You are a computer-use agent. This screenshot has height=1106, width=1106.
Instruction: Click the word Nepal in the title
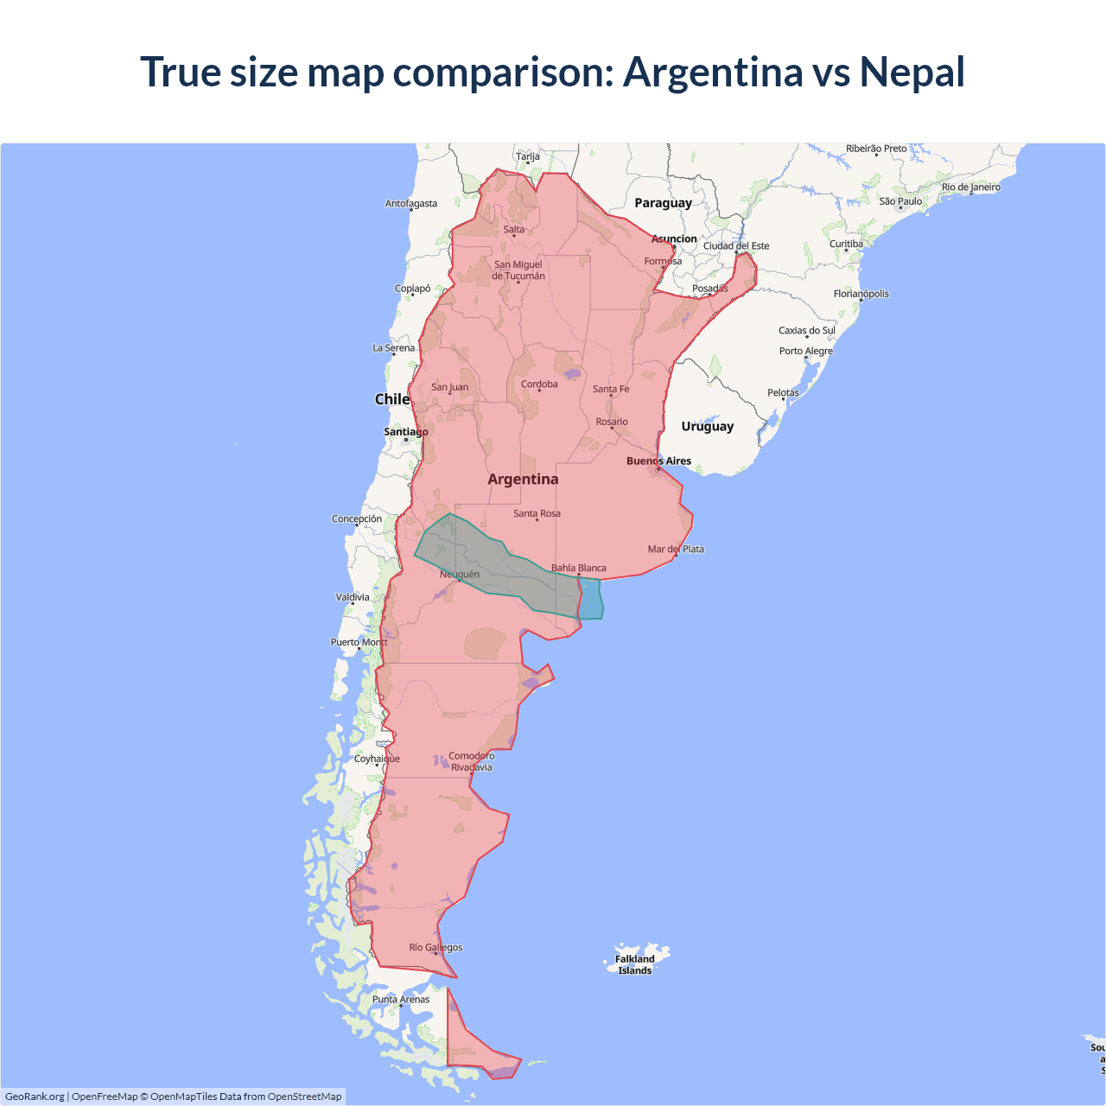click(912, 72)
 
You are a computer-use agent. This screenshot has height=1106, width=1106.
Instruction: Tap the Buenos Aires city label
click(658, 461)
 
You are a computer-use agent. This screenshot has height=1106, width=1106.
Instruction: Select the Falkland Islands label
click(635, 964)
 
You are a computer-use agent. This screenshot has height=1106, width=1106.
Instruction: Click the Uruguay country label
click(707, 426)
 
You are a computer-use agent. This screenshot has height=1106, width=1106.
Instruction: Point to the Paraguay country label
click(663, 203)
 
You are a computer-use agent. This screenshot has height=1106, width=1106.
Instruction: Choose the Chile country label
click(391, 399)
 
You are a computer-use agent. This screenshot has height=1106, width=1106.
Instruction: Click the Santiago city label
click(405, 432)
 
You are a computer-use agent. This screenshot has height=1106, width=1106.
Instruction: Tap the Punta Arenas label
click(401, 1000)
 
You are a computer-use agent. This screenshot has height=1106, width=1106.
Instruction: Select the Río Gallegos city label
click(435, 948)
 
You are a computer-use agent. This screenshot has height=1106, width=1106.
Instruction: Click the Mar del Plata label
click(676, 550)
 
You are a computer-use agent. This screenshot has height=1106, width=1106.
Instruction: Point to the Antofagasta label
click(411, 204)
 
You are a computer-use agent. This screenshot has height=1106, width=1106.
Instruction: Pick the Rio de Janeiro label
click(971, 188)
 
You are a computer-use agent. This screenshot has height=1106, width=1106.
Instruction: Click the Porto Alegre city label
click(806, 351)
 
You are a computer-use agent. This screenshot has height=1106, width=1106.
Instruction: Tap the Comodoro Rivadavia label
click(472, 761)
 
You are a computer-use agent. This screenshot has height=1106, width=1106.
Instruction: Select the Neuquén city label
click(460, 575)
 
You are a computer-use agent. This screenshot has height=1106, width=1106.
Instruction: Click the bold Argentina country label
click(523, 480)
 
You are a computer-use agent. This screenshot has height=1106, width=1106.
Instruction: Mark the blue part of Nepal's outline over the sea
click(591, 599)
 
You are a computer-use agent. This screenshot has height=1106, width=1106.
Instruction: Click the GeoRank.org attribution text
click(35, 1096)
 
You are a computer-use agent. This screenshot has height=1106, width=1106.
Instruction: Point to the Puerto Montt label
click(359, 642)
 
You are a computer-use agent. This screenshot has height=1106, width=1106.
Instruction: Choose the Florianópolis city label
click(861, 294)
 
